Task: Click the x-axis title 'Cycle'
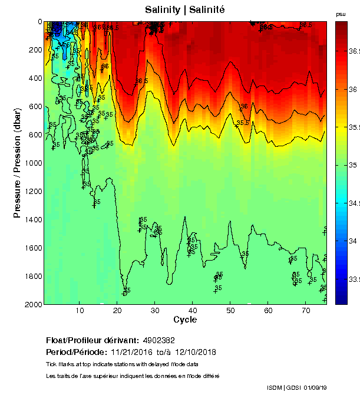(x=185, y=320)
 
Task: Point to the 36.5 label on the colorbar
(x=354, y=52)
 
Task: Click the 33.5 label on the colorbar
(x=354, y=279)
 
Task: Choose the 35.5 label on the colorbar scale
(x=354, y=127)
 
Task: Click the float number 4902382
(x=158, y=341)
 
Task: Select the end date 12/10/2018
(x=196, y=353)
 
